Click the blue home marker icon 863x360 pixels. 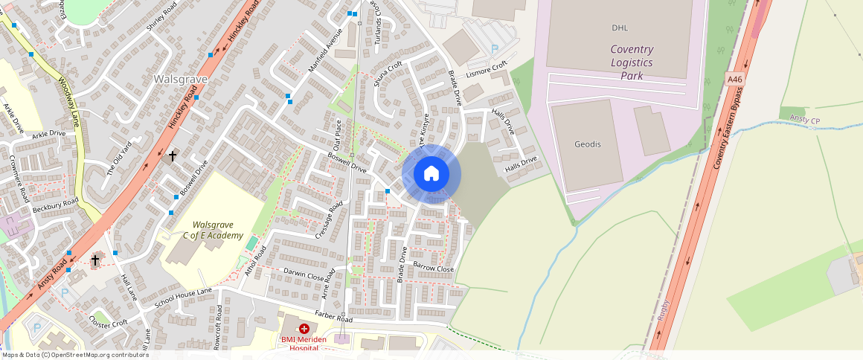click(431, 174)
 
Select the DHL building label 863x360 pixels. click(620, 28)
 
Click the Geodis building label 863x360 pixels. click(588, 144)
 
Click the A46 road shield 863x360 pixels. click(735, 80)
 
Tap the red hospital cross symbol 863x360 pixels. click(304, 328)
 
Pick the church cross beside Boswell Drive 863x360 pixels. click(173, 156)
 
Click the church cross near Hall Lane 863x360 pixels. click(95, 260)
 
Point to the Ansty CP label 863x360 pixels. click(805, 120)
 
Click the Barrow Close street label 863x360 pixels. click(433, 267)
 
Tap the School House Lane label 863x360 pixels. click(183, 298)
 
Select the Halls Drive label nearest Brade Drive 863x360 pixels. click(501, 122)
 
